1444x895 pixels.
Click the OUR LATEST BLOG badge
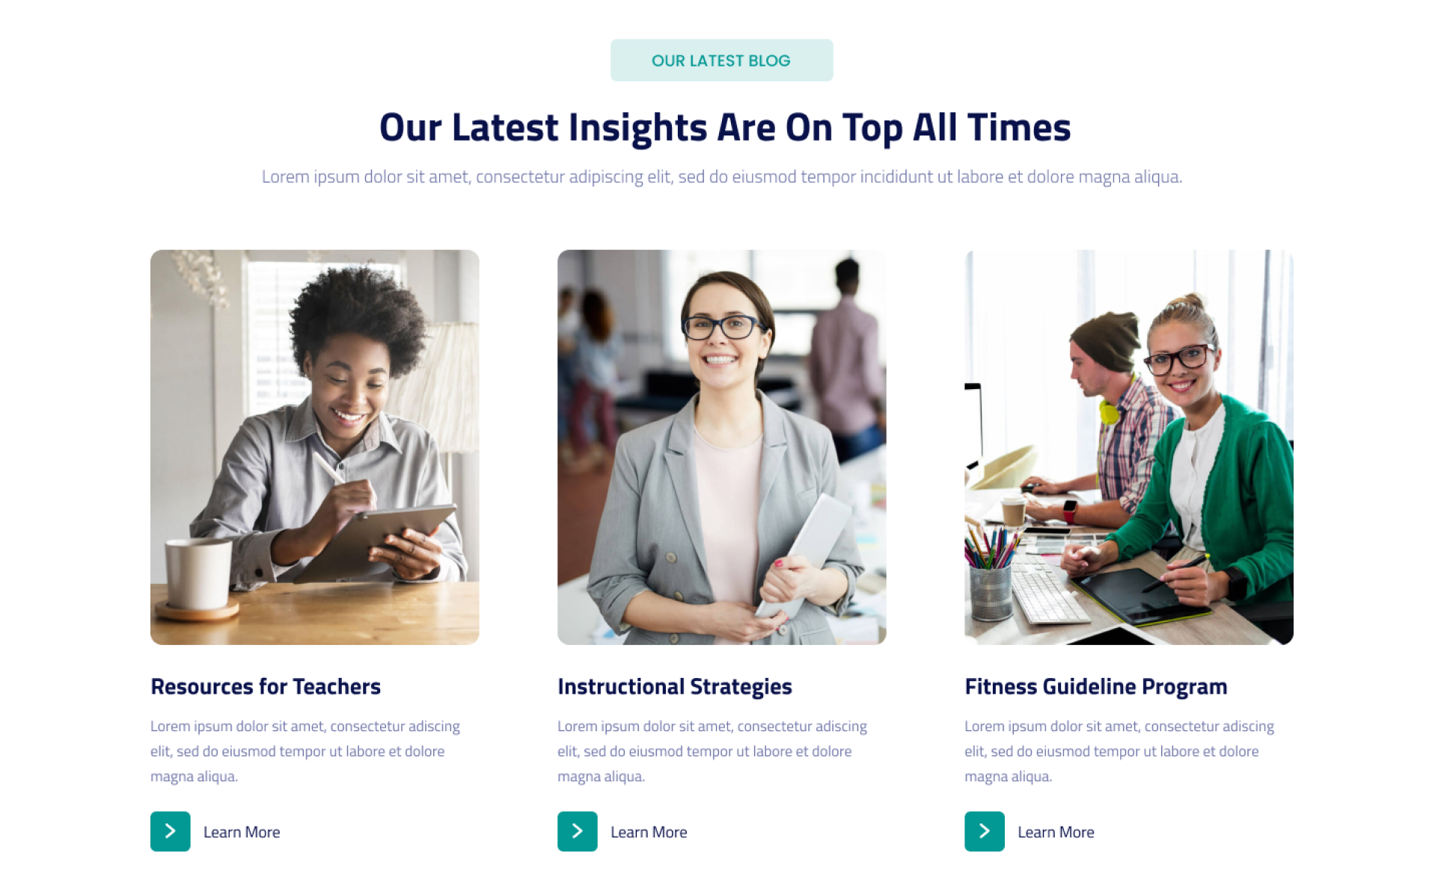pos(721,61)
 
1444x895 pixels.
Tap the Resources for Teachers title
pos(266,686)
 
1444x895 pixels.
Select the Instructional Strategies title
pos(674,687)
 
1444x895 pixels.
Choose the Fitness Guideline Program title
pos(1095,687)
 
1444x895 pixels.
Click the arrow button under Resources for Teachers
pos(171,831)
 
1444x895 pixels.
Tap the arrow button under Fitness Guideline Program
pos(985,831)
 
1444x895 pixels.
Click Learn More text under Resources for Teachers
pos(242,832)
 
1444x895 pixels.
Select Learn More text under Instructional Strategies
pos(649,832)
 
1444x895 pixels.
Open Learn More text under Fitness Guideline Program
pos(1056,832)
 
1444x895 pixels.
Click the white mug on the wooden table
pos(198,575)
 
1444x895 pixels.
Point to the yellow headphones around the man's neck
pos(1109,411)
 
